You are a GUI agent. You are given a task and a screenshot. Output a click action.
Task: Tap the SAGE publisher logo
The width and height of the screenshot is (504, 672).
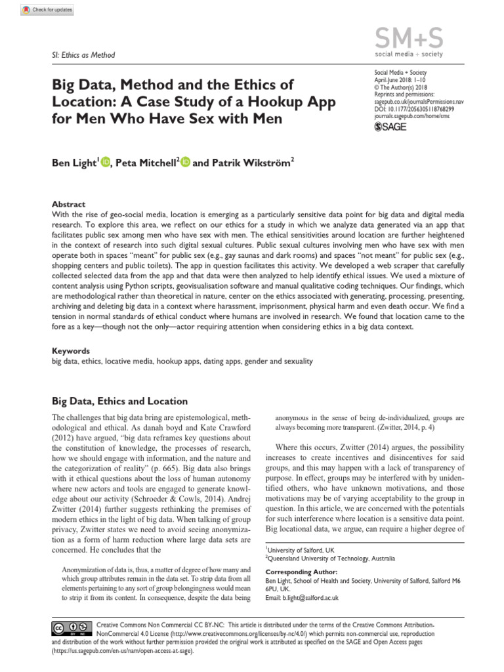tap(390, 127)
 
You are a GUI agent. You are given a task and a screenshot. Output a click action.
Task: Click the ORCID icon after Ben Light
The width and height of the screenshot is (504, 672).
tap(106, 162)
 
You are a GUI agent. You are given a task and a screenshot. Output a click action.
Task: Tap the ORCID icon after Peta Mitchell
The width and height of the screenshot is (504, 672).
tap(185, 162)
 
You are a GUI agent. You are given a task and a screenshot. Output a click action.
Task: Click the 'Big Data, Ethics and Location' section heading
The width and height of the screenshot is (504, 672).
tap(119, 401)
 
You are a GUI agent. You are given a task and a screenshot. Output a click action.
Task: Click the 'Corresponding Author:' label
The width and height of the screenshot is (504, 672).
tap(301, 572)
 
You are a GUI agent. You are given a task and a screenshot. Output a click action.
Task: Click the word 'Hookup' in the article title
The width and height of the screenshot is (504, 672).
tap(237, 102)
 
